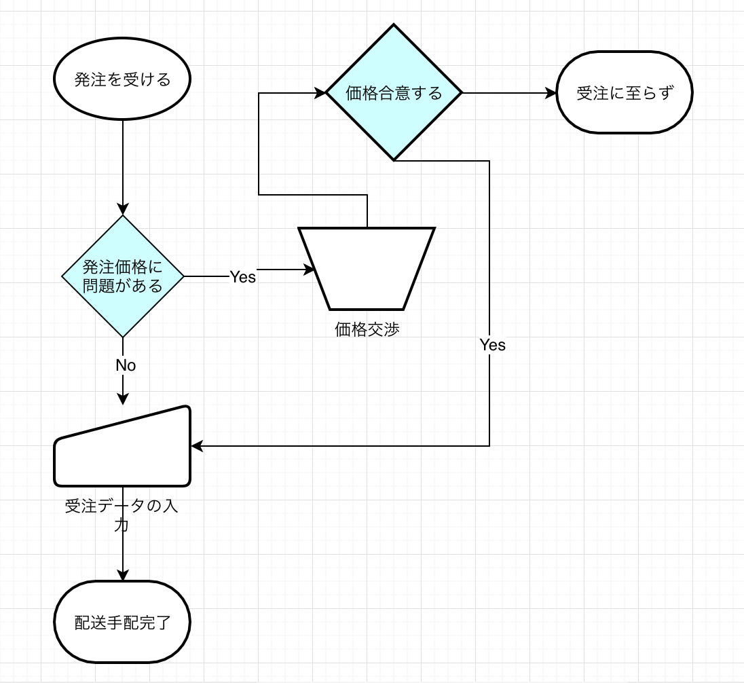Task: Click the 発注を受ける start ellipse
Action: (x=122, y=79)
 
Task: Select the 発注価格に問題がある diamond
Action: (x=123, y=276)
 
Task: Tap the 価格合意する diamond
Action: (x=394, y=93)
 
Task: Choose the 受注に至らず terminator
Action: (x=624, y=93)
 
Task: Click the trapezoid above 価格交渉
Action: (x=367, y=269)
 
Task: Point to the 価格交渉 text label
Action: (x=367, y=330)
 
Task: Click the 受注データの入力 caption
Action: (x=122, y=515)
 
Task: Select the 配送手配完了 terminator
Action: (x=122, y=622)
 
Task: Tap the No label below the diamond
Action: (x=126, y=365)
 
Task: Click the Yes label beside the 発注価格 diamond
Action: (x=242, y=276)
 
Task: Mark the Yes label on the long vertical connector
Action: (x=492, y=345)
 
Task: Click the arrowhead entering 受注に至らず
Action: (x=551, y=93)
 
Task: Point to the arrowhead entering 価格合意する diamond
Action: (x=320, y=93)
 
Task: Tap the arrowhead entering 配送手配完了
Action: (x=123, y=575)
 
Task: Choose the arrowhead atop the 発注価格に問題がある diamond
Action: (x=123, y=209)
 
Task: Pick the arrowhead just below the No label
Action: (x=123, y=399)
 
